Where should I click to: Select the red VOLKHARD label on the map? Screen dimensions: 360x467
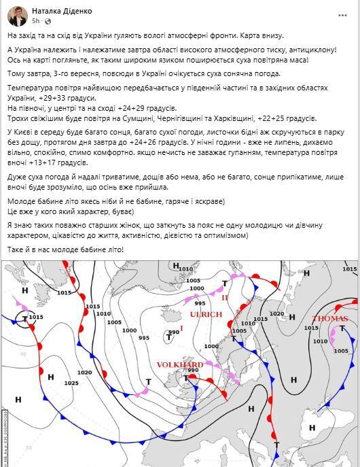coord(180,365)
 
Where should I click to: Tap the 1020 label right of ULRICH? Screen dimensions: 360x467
coord(277,313)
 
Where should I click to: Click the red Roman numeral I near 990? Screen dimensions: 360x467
coord(181,329)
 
